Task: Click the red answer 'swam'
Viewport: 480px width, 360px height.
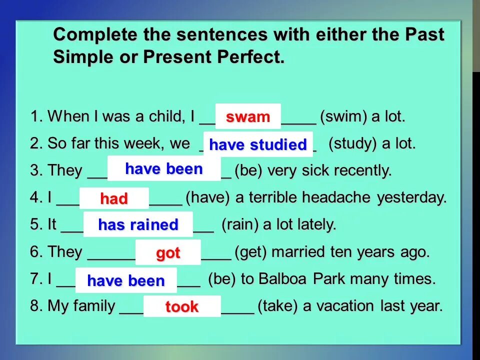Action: pyautogui.click(x=248, y=117)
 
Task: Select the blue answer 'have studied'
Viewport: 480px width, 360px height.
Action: pyautogui.click(x=258, y=144)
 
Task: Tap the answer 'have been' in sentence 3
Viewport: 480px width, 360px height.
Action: pyautogui.click(x=164, y=168)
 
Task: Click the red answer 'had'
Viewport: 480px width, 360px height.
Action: pyautogui.click(x=114, y=198)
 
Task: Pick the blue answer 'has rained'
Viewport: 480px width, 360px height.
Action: pyautogui.click(x=138, y=224)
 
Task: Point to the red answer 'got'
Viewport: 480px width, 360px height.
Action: pyautogui.click(x=168, y=253)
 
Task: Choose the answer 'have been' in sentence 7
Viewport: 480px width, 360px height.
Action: pyautogui.click(x=126, y=280)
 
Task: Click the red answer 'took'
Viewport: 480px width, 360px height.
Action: pyautogui.click(x=182, y=306)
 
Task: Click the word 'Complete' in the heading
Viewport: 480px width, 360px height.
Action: pyautogui.click(x=95, y=34)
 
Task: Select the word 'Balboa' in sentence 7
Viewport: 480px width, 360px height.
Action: pyautogui.click(x=282, y=279)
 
